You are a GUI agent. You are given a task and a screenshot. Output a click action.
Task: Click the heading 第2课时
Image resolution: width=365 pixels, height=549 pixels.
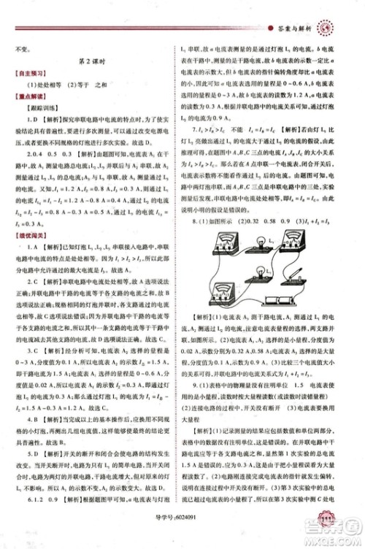coord(93,64)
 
